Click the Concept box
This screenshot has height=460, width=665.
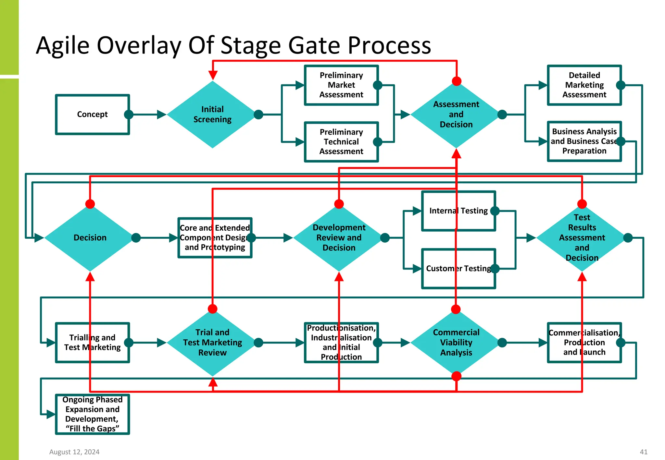pyautogui.click(x=92, y=115)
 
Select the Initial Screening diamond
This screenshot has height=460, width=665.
pyautogui.click(x=212, y=115)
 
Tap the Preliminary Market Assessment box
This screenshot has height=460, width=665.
pyautogui.click(x=341, y=85)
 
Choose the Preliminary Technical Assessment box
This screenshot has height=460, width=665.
pyautogui.click(x=341, y=142)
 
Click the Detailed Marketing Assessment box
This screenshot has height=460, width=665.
pyautogui.click(x=584, y=85)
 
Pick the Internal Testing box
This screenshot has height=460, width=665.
pyautogui.click(x=458, y=211)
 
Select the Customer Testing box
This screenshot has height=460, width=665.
pyautogui.click(x=458, y=269)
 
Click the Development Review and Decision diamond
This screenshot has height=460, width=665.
pyautogui.click(x=339, y=238)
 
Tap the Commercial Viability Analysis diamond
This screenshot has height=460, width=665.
pyautogui.click(x=456, y=343)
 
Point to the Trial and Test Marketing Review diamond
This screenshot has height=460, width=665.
pyautogui.click(x=212, y=343)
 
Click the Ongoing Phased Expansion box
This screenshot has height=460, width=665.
pyautogui.click(x=92, y=414)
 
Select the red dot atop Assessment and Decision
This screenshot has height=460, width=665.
pyautogui.click(x=457, y=81)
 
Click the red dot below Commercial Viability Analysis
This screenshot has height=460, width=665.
pyautogui.click(x=456, y=376)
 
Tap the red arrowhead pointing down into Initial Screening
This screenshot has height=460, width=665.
pyautogui.click(x=213, y=76)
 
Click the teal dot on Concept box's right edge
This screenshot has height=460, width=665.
pyautogui.click(x=129, y=115)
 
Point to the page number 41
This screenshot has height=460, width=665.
pyautogui.click(x=644, y=452)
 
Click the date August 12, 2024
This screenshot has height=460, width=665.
pyautogui.click(x=74, y=452)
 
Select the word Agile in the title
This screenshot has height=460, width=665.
pyautogui.click(x=63, y=45)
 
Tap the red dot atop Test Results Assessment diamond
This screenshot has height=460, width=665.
pyautogui.click(x=582, y=204)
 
